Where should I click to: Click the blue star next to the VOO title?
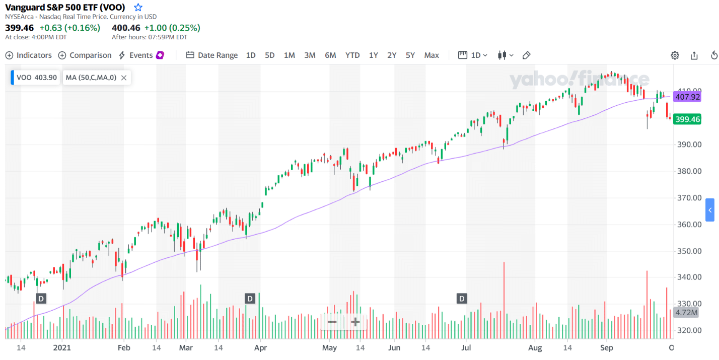point(138,7)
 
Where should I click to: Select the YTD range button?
point(352,55)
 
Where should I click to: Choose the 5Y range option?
point(410,55)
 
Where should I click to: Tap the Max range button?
point(432,55)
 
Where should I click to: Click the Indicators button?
point(29,55)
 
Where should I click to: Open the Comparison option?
point(85,55)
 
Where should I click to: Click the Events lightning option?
point(141,55)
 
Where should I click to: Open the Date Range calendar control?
point(212,55)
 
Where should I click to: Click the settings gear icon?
point(675,55)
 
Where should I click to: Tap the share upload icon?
point(694,55)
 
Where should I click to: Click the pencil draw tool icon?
point(527,55)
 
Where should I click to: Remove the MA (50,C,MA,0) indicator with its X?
point(124,78)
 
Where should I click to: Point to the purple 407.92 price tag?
point(687,97)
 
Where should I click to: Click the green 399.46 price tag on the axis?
point(687,119)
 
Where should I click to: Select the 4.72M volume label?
point(686,313)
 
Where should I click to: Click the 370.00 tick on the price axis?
point(689,198)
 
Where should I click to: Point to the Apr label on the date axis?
point(260,348)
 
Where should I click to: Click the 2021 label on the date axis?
point(62,348)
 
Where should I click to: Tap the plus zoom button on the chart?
point(355,322)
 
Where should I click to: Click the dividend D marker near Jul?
point(462,299)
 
